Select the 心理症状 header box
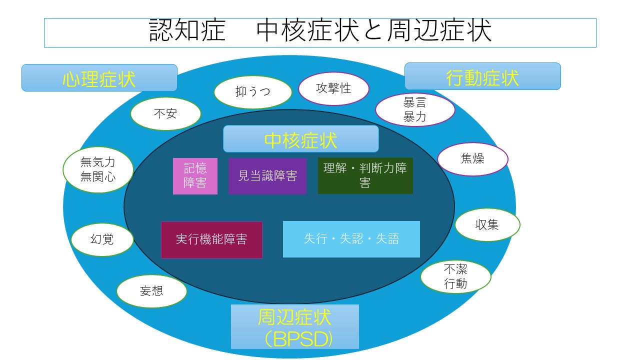point(99,78)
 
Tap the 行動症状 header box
point(482,76)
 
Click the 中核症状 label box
point(300,139)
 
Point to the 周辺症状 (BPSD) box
point(295,326)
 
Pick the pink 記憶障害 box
point(195,176)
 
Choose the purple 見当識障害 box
point(267,176)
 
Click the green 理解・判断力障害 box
point(365,176)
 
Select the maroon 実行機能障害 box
point(211,239)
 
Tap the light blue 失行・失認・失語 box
point(351,239)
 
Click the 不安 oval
point(165,114)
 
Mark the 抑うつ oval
point(252,92)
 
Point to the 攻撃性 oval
point(333,89)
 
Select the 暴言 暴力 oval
point(414,110)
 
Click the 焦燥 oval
point(472,159)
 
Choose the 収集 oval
point(487,225)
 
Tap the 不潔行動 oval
point(455,276)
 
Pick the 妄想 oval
point(151,291)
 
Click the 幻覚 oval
point(102,239)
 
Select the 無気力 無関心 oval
point(98,169)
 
